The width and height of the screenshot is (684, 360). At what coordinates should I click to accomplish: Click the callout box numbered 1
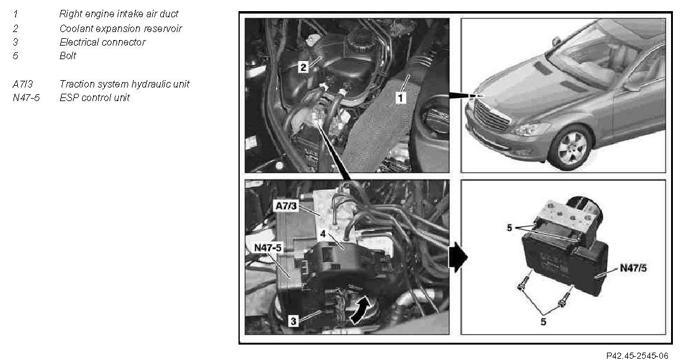[x=401, y=97]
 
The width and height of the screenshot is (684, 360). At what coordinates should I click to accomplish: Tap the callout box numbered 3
[x=293, y=321]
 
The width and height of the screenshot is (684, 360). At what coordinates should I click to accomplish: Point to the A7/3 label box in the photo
[x=286, y=205]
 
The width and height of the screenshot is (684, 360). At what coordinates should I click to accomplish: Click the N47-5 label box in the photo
[x=268, y=247]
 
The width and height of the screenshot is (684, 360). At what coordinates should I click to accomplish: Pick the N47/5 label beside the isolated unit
[x=633, y=268]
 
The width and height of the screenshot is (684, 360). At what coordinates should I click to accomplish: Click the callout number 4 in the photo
[x=323, y=234]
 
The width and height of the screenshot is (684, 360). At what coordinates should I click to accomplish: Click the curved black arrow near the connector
[x=361, y=309]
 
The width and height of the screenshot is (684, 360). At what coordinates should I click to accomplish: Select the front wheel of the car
[x=572, y=147]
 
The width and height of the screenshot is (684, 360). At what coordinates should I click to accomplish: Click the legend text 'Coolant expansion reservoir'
[x=120, y=28]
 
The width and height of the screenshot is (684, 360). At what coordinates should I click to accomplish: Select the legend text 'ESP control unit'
[x=94, y=97]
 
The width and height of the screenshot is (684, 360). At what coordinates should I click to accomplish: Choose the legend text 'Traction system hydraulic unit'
[x=124, y=84]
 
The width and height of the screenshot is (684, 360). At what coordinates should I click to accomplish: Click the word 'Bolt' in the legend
[x=68, y=55]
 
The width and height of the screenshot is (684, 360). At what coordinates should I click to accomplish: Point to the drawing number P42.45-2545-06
[x=637, y=356]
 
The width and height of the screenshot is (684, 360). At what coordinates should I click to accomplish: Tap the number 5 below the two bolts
[x=543, y=322]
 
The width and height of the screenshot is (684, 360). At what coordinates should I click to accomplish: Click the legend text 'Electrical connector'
[x=102, y=42]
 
